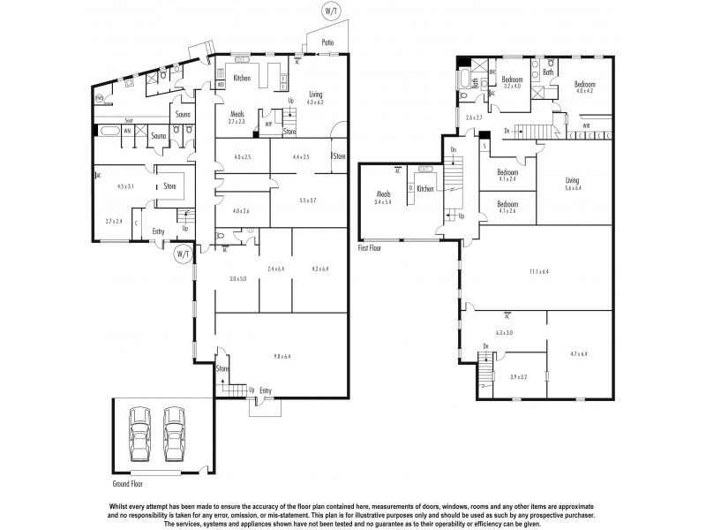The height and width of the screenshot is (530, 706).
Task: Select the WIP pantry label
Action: [x=267, y=125]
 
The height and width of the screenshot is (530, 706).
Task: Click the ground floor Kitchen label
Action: [x=242, y=79]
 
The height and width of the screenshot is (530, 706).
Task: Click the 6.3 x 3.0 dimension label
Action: [x=504, y=332]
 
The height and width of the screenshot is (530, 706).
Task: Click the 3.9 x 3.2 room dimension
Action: [x=518, y=377]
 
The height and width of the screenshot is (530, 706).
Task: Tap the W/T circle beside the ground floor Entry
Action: [x=183, y=254]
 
